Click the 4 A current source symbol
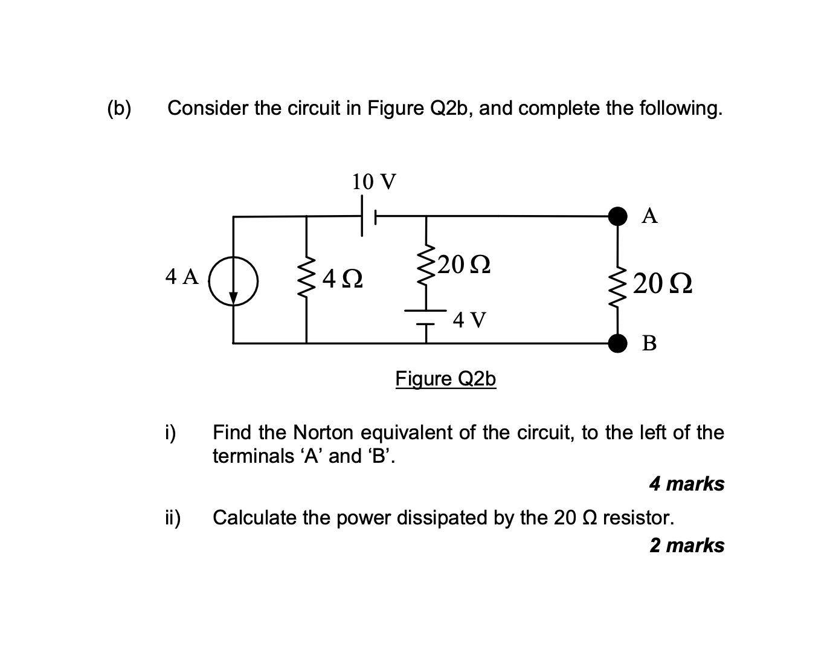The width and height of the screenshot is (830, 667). pos(234,281)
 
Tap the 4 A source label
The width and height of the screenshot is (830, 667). pos(182,277)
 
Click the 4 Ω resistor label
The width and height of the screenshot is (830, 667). pos(343,279)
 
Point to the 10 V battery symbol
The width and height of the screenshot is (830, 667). pos(368,216)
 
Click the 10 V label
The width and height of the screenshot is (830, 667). pos(374,181)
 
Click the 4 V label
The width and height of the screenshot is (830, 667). pos(469,320)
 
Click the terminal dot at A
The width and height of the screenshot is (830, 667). pos(617,216)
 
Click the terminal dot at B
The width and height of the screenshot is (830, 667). pos(617,343)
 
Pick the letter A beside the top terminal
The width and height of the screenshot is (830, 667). pos(650,216)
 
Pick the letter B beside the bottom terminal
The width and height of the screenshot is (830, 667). pos(650,344)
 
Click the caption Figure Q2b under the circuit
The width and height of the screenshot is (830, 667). pos(446,379)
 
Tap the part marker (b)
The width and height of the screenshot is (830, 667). pos(118,109)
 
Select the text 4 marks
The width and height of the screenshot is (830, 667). pos(687,484)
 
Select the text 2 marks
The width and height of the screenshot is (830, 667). pos(687,546)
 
